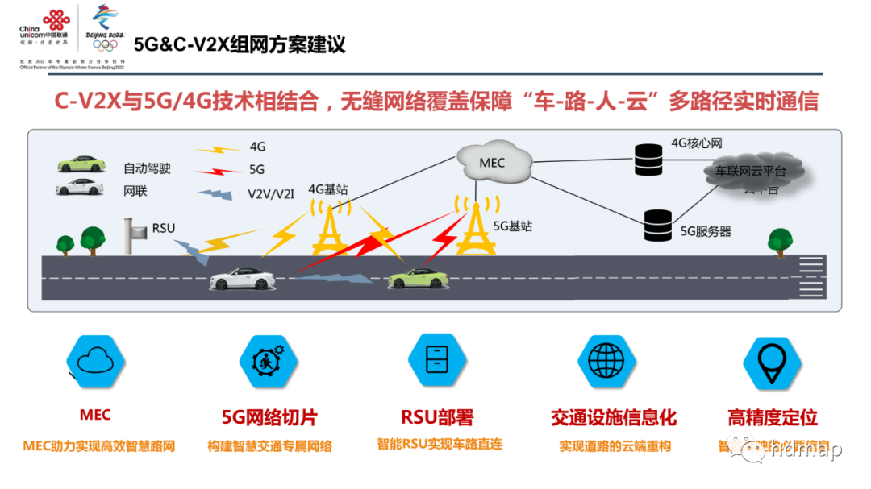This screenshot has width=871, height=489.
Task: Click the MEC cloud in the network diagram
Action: click(492, 164)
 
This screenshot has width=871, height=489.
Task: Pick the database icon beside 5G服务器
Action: click(658, 226)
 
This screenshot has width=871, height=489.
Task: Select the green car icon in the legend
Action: click(81, 164)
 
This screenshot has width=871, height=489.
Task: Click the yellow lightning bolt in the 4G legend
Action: click(219, 149)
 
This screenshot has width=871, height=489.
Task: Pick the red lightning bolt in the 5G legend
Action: click(219, 171)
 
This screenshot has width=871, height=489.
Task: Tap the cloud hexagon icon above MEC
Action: click(94, 362)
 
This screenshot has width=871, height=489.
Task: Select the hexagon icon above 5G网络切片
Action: click(268, 362)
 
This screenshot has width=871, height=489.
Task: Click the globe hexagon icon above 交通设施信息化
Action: click(606, 360)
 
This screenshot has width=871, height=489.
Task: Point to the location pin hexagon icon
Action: click(772, 362)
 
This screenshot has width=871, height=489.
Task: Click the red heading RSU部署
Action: click(437, 417)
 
